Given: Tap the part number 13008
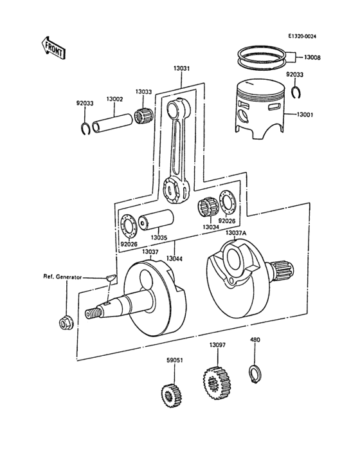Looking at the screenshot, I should point(313,58).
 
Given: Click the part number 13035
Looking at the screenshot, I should point(159,237).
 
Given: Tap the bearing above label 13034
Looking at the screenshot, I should point(208,210).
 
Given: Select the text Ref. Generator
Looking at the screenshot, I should point(62,277).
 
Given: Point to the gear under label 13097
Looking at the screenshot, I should point(214,383).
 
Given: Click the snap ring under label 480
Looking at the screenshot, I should point(255,371).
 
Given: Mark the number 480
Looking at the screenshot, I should point(255,339).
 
